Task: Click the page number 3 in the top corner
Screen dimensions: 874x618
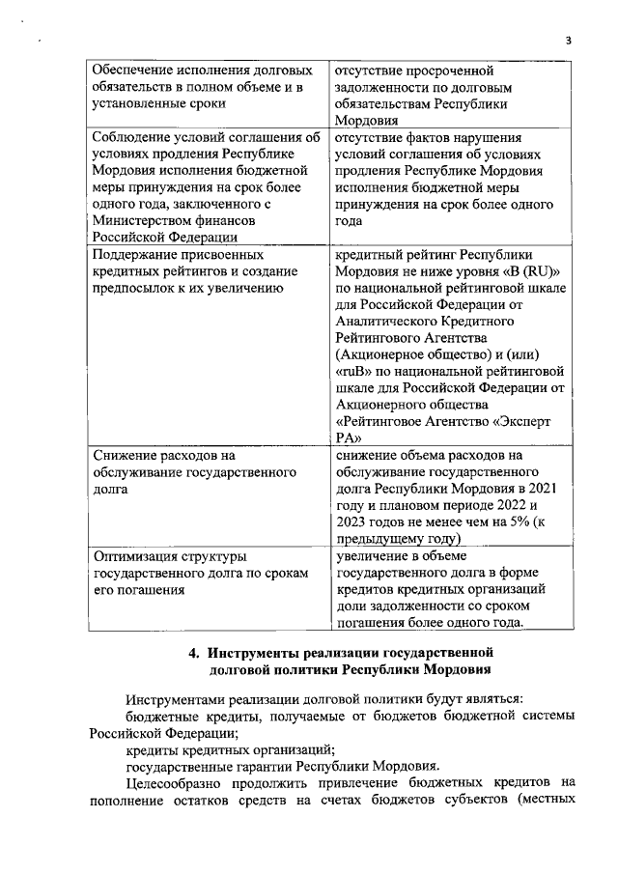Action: tap(569, 40)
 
